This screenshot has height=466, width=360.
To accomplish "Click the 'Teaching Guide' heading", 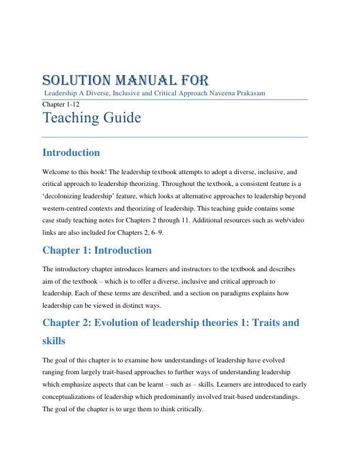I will coord(92,118).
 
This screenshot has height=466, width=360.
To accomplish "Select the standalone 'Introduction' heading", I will coord(71,153).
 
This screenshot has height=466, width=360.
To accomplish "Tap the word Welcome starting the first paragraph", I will coord(56,172).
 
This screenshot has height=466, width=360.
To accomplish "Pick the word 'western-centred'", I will coord(69,208).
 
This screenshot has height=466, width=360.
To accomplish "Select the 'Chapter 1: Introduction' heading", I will coord(97,251).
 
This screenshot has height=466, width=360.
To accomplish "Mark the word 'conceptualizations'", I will coord(78,397).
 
